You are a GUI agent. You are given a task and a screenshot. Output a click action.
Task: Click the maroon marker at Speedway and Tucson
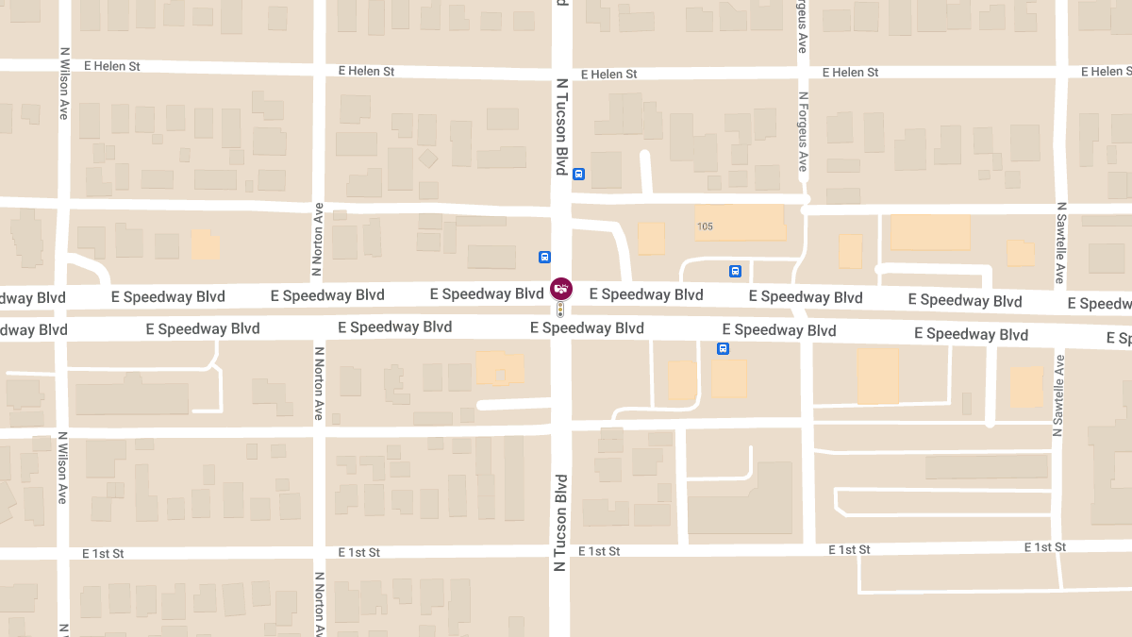point(560,288)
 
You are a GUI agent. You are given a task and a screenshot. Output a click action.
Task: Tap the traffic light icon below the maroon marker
point(560,309)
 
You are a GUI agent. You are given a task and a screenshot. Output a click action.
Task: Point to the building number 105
point(705,226)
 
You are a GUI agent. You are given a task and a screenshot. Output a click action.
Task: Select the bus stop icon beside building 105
point(735,272)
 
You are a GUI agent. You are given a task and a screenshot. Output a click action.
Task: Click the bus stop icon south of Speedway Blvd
point(723,348)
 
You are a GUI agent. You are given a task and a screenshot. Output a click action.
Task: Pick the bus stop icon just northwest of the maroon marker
point(544,257)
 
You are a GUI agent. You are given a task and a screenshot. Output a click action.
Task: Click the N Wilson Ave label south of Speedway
point(63,467)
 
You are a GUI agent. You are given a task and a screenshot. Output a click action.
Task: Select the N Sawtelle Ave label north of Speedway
point(1060,243)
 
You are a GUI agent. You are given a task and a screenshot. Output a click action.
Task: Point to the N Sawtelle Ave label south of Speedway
point(1059,395)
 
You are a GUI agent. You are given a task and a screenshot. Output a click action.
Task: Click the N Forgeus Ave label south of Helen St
point(803,131)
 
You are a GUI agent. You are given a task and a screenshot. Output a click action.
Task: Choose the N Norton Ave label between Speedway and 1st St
point(319,383)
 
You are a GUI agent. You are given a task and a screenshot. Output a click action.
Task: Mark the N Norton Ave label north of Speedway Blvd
point(318,241)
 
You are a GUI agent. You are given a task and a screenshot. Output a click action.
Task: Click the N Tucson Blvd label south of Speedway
point(561,522)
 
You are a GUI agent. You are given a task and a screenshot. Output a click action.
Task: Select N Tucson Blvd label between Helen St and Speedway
point(561,126)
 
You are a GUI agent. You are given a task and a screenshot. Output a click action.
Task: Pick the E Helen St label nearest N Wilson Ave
point(111,67)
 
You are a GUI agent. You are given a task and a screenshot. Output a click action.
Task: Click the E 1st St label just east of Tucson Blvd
point(599,551)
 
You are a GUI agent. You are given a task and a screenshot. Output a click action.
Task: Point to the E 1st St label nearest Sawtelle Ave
point(1045,547)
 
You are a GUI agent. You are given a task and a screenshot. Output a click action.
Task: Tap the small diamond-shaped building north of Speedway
point(428,159)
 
